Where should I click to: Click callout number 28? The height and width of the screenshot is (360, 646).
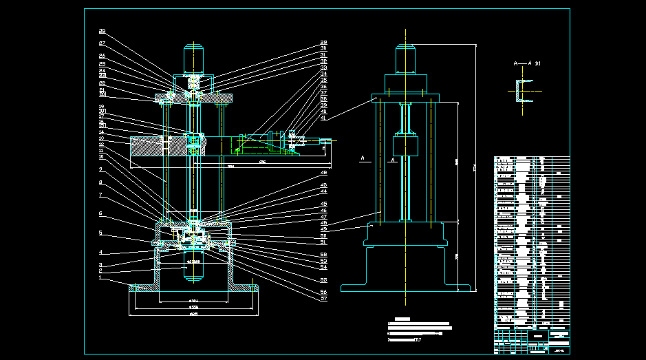point(102,31)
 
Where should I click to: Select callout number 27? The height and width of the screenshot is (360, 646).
point(102,43)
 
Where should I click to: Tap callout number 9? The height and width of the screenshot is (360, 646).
point(100,169)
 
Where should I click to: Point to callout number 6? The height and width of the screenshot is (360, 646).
point(100,213)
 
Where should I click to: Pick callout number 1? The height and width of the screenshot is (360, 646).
point(100,277)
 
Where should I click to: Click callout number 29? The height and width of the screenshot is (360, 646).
point(323,43)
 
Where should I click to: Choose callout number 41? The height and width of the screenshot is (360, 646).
point(323,118)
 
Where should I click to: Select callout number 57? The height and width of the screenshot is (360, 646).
point(323,299)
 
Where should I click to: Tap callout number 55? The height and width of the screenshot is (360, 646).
point(323,280)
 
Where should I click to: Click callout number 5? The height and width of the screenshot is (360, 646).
point(100,233)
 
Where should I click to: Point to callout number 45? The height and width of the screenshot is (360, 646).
point(323,204)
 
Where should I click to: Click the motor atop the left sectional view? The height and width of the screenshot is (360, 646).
point(195,59)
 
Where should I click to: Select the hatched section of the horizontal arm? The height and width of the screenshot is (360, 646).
point(148,146)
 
